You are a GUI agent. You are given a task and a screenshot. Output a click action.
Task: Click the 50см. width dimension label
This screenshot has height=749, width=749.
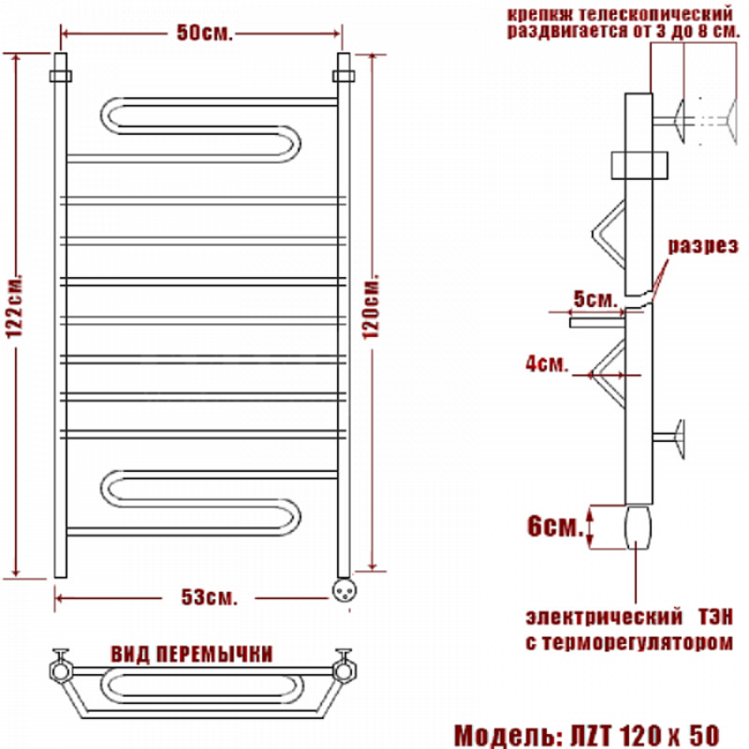(x=204, y=33)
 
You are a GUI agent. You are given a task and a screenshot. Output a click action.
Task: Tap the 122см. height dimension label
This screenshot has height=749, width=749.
(x=14, y=307)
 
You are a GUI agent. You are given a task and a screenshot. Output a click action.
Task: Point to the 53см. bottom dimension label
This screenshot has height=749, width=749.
(x=209, y=597)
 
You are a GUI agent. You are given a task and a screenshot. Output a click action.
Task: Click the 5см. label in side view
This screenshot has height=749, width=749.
(x=595, y=299)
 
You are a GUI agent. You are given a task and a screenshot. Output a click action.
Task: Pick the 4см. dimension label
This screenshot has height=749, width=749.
(x=547, y=364)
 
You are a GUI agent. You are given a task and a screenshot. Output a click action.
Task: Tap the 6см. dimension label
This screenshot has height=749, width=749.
(x=555, y=526)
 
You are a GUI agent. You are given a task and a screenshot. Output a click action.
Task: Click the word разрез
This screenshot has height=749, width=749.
(x=703, y=245)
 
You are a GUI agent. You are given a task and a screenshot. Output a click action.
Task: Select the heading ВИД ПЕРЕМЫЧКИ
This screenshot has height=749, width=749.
(x=192, y=654)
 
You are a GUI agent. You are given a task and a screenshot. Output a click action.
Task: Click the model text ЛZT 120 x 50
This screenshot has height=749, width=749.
(x=645, y=735)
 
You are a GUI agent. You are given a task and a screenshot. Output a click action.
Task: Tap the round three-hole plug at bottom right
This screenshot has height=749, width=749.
(x=344, y=590)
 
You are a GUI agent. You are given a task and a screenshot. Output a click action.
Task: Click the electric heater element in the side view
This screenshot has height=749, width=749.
(x=638, y=527)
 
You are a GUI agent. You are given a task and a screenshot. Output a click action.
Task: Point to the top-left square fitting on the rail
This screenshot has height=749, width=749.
(x=61, y=76)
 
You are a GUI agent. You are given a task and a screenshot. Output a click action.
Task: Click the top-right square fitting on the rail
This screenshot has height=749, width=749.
(x=344, y=76)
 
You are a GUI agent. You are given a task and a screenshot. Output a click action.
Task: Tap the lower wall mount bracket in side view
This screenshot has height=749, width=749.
(x=669, y=438)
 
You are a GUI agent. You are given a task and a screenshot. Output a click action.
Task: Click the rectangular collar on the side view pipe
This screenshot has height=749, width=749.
(x=639, y=166)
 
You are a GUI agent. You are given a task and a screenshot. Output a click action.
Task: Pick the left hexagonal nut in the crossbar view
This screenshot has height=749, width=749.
(x=61, y=670)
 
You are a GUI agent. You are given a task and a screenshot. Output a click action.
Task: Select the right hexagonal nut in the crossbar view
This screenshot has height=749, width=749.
(x=344, y=670)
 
